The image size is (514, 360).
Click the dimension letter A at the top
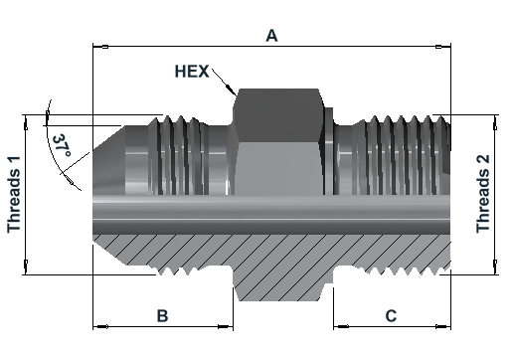point(271,36)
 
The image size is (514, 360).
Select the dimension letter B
point(162,316)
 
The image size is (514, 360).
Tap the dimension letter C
point(391,316)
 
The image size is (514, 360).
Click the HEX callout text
point(192,72)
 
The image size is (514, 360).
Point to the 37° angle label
point(62,146)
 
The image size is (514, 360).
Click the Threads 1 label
point(14,194)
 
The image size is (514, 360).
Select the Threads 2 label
point(483,194)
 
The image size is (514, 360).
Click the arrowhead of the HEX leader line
point(230,89)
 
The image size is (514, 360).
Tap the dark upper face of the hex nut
point(278,115)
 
